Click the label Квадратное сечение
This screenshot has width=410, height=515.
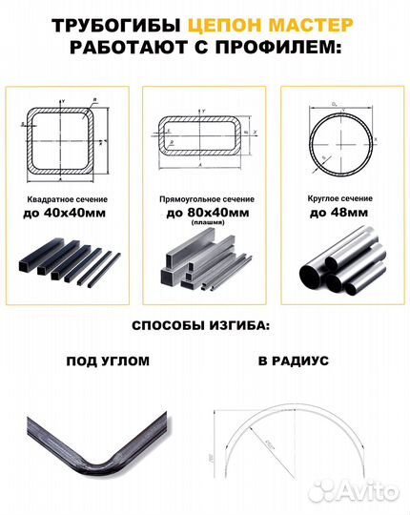click(68, 202)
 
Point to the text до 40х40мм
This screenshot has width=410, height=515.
click(68, 216)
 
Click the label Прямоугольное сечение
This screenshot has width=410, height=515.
click(204, 202)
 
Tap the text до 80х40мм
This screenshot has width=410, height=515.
click(204, 216)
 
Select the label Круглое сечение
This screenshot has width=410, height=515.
click(341, 202)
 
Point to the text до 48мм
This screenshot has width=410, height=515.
click(341, 216)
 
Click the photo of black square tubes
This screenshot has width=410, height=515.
click(68, 268)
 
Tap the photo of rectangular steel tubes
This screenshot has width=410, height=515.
click(204, 268)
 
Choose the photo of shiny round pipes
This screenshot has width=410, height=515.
click(341, 268)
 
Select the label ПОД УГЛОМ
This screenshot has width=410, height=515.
click(107, 362)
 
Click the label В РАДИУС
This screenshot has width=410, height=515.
click(293, 362)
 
